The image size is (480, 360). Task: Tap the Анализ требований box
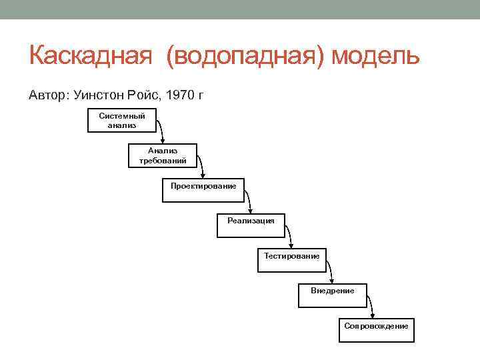tap(163, 155)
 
